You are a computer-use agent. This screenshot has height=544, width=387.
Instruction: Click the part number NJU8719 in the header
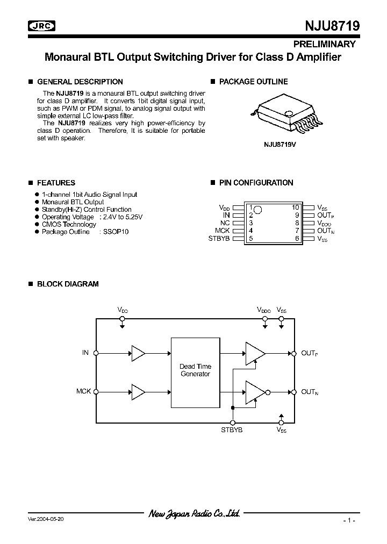coord(328,26)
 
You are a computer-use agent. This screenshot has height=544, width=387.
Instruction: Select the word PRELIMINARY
coord(324,44)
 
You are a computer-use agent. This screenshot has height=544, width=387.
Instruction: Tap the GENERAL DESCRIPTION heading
coord(80,82)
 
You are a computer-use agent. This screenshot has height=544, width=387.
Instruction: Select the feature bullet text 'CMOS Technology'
coord(69,225)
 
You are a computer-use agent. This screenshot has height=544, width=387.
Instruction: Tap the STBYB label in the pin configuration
coord(219,238)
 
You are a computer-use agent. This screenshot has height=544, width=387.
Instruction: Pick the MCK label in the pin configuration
coord(222,231)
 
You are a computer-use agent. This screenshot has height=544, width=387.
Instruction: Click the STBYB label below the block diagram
coord(232,430)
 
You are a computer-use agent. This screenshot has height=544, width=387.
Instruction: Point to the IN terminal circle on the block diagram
coord(96,353)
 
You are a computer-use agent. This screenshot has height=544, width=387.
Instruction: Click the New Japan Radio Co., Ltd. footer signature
coord(194,514)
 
